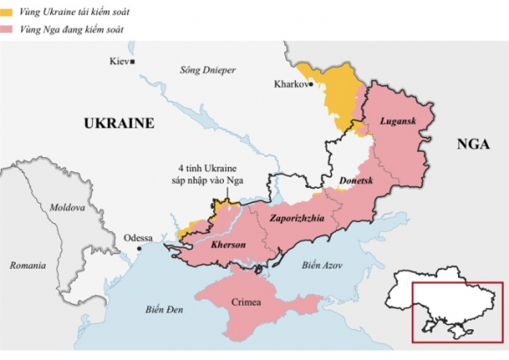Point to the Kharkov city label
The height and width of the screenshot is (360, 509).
pyautogui.click(x=291, y=84)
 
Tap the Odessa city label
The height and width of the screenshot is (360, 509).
pyautogui.click(x=138, y=238)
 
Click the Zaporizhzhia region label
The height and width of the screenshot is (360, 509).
pyautogui.click(x=298, y=217)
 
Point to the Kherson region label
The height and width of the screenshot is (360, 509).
pyautogui.click(x=228, y=244)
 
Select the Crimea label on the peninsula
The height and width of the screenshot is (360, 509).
pyautogui.click(x=247, y=303)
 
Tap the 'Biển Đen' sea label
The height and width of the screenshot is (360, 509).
pyautogui.click(x=163, y=308)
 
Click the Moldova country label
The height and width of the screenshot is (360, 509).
pyautogui.click(x=67, y=208)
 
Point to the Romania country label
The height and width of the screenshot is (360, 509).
pyautogui.click(x=27, y=264)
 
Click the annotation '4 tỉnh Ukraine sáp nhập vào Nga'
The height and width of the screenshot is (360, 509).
pyautogui.click(x=210, y=173)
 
